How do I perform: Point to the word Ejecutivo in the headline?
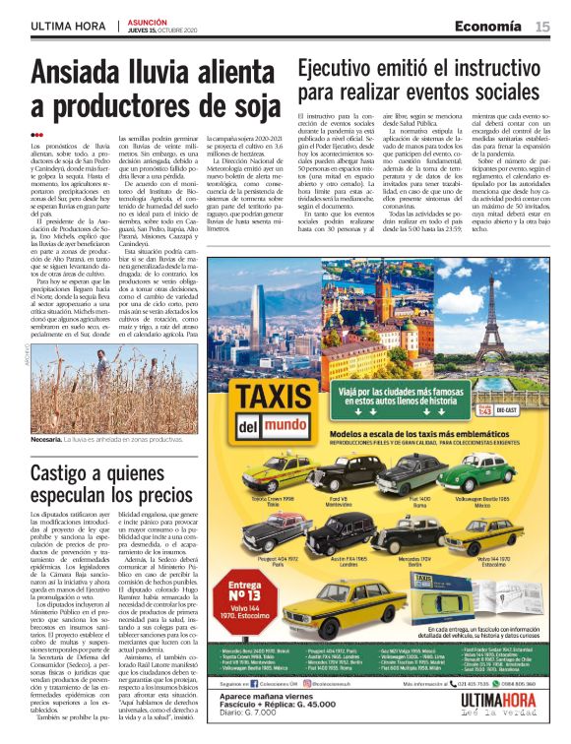[340, 68]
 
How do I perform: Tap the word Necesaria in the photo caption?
[47, 439]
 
